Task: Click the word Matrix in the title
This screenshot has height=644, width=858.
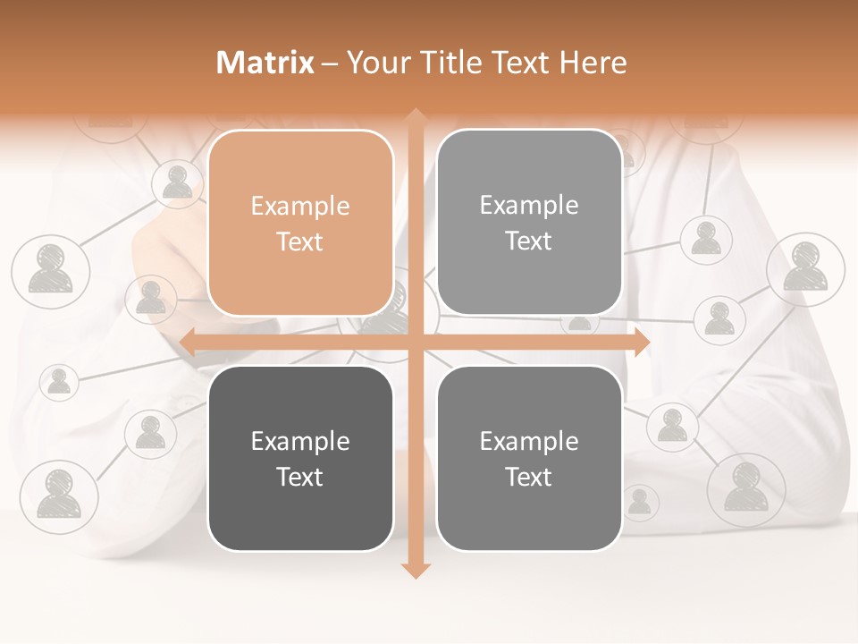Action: [x=265, y=63]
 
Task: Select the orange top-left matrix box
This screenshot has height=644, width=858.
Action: [x=300, y=223]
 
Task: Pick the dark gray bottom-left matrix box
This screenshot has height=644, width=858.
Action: [x=300, y=458]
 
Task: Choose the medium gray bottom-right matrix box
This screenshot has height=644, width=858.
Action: [x=529, y=458]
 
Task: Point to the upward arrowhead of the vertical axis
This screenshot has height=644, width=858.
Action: [x=415, y=115]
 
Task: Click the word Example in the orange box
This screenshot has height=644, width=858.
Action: [x=300, y=207]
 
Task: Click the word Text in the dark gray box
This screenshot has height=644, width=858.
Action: [x=300, y=477]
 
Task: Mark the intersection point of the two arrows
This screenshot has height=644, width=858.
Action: [x=415, y=342]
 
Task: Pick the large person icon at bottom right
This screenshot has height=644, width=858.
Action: [x=745, y=488]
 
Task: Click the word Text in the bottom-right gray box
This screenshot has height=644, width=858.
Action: [x=529, y=477]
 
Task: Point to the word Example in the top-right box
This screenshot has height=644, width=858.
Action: [x=529, y=206]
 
